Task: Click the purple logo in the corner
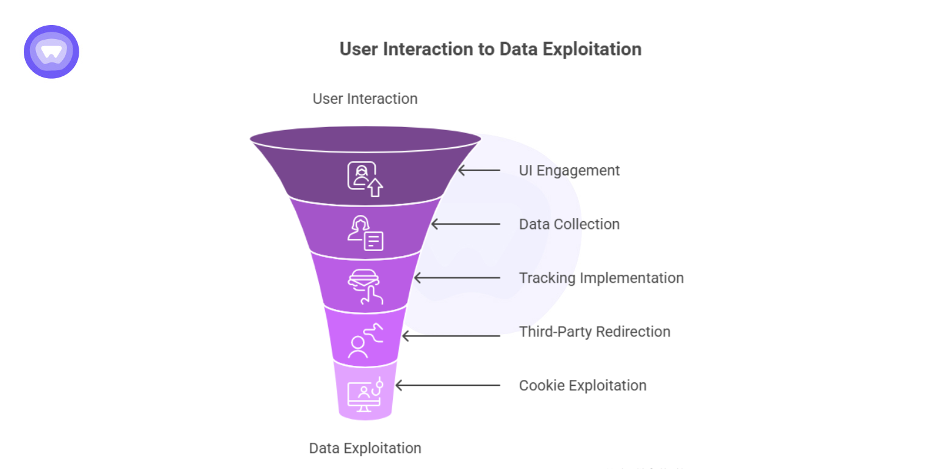pyautogui.click(x=51, y=52)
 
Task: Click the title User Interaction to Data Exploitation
pyautogui.click(x=490, y=49)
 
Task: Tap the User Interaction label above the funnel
pyautogui.click(x=365, y=99)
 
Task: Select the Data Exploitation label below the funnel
pyautogui.click(x=365, y=448)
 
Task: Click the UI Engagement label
pyautogui.click(x=569, y=170)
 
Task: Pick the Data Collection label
pyautogui.click(x=569, y=224)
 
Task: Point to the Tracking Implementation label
pyautogui.click(x=601, y=278)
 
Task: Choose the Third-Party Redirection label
pyautogui.click(x=594, y=332)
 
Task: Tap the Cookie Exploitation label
pyautogui.click(x=582, y=385)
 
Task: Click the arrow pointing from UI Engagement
pyautogui.click(x=479, y=170)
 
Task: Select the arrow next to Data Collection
pyautogui.click(x=465, y=224)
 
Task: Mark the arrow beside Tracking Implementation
pyautogui.click(x=457, y=278)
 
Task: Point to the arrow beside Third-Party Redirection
pyautogui.click(x=451, y=335)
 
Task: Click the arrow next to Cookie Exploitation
pyautogui.click(x=448, y=385)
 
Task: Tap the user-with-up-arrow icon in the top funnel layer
pyautogui.click(x=365, y=178)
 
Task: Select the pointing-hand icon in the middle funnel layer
pyautogui.click(x=365, y=286)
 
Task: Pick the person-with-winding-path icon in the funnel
pyautogui.click(x=364, y=341)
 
